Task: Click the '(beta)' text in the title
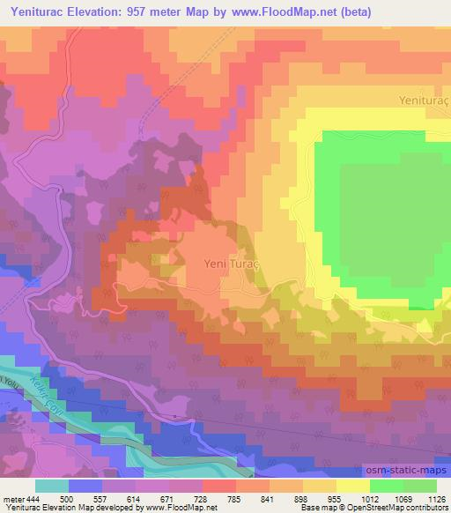point(352,12)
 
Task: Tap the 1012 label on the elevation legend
point(369,498)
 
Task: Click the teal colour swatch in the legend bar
point(51,485)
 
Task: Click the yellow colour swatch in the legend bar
point(352,485)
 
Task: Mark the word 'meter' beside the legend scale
point(12,498)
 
